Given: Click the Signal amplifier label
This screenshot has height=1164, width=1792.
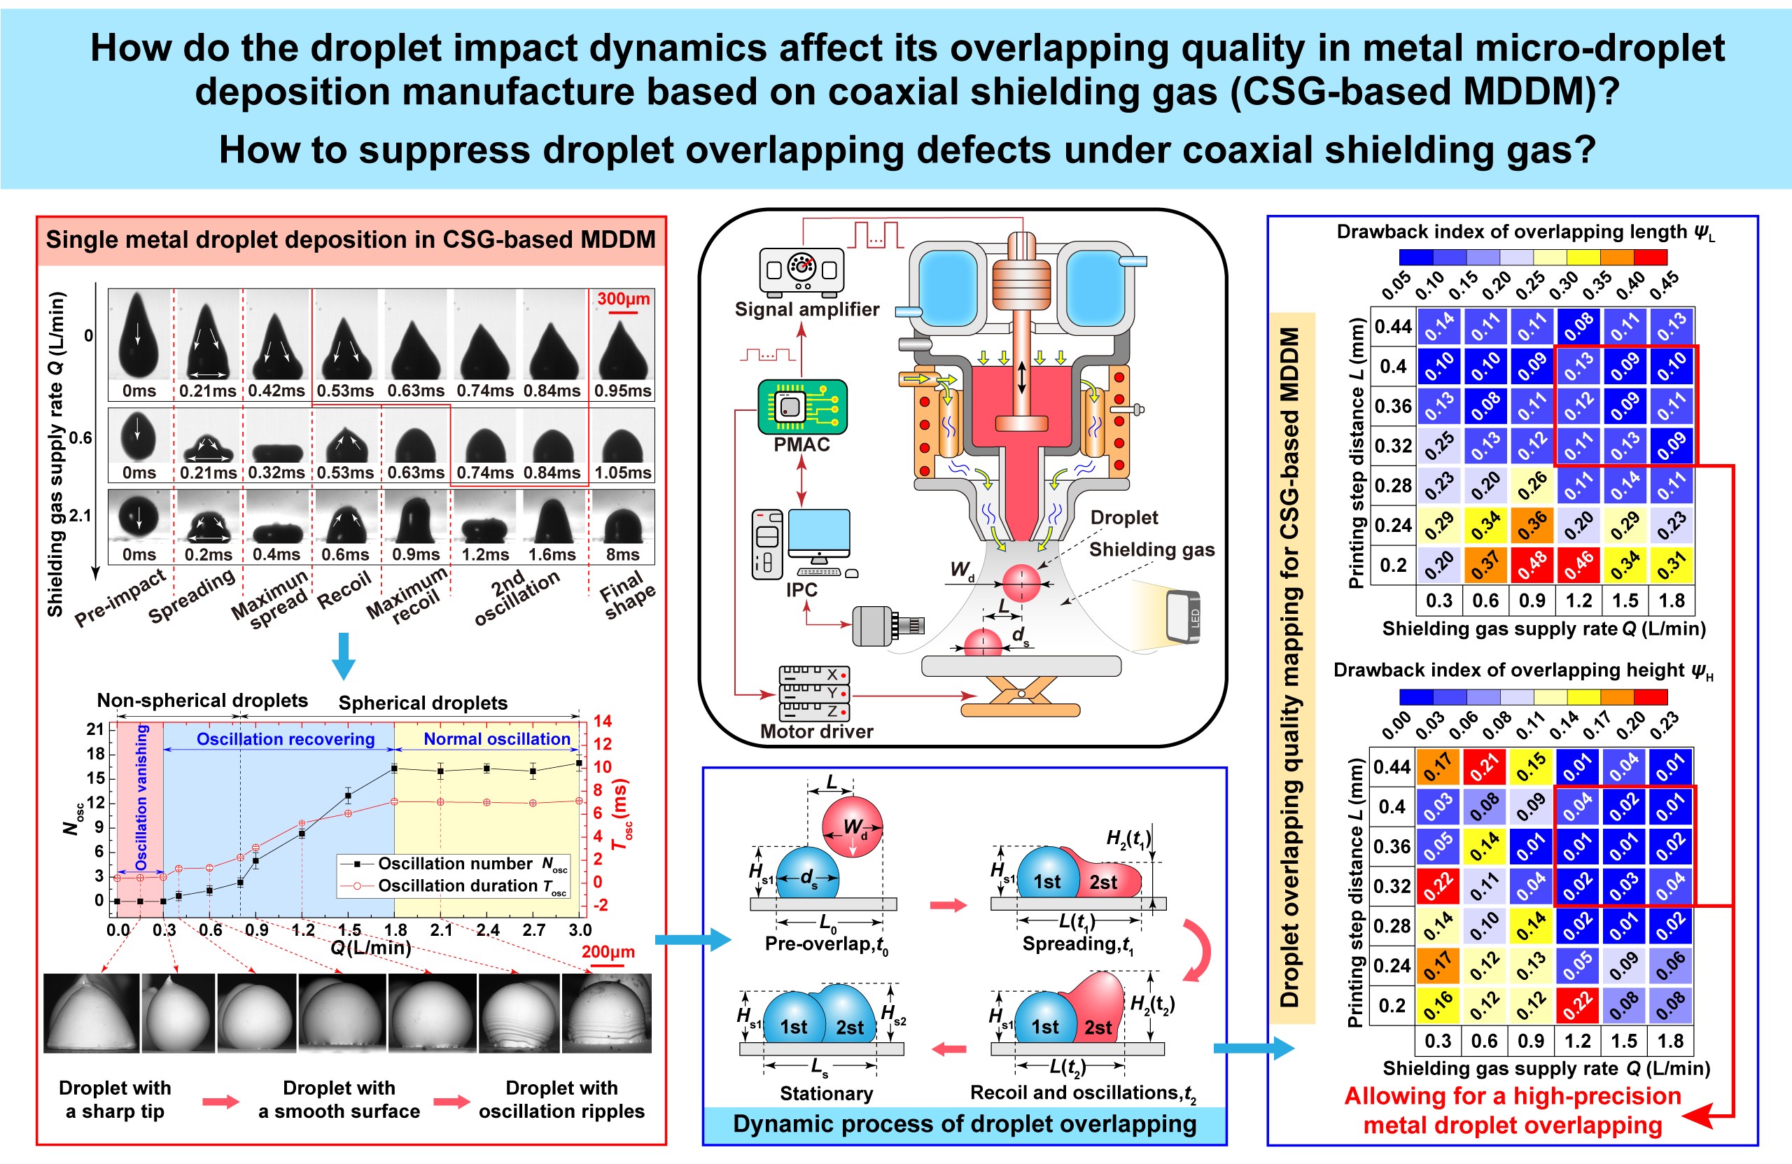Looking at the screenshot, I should coord(806,309).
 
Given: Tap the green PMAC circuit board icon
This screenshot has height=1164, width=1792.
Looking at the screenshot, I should coord(802,407).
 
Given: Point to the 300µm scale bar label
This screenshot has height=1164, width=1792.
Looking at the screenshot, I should coord(624,298).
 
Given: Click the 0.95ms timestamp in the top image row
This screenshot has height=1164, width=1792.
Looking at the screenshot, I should coord(623,391).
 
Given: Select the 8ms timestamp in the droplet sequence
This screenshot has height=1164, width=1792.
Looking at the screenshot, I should coord(623,555).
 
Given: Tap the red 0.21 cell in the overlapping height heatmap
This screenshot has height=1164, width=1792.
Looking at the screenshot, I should coord(1485,766).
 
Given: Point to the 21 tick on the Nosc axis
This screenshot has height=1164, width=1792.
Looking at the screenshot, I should coord(95,729).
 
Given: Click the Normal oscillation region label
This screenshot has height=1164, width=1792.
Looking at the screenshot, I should coord(497,738).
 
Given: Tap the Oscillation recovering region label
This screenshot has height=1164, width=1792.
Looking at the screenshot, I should coord(286,738).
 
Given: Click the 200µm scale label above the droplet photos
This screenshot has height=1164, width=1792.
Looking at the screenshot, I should coord(608,951).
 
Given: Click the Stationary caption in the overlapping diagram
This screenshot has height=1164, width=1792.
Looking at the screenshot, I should coord(826,1093).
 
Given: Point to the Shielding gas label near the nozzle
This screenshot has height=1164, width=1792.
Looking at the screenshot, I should coord(1151,549).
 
